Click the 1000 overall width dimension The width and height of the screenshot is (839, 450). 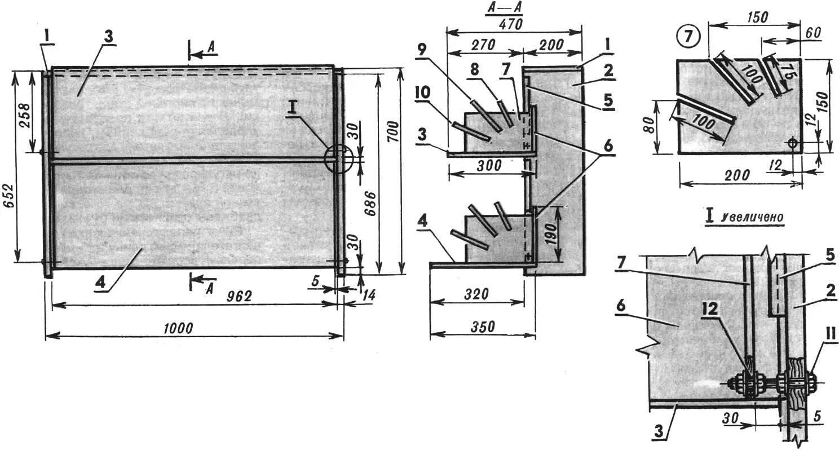[x=178, y=328]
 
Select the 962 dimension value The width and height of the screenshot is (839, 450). [x=239, y=297]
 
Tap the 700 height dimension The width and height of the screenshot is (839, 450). [x=393, y=131]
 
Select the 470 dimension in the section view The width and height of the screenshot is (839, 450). [x=510, y=24]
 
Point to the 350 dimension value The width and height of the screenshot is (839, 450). [x=483, y=327]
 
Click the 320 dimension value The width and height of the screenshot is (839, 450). [x=476, y=294]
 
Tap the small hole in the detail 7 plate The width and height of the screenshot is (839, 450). [x=792, y=143]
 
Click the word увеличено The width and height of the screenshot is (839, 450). [x=751, y=217]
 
